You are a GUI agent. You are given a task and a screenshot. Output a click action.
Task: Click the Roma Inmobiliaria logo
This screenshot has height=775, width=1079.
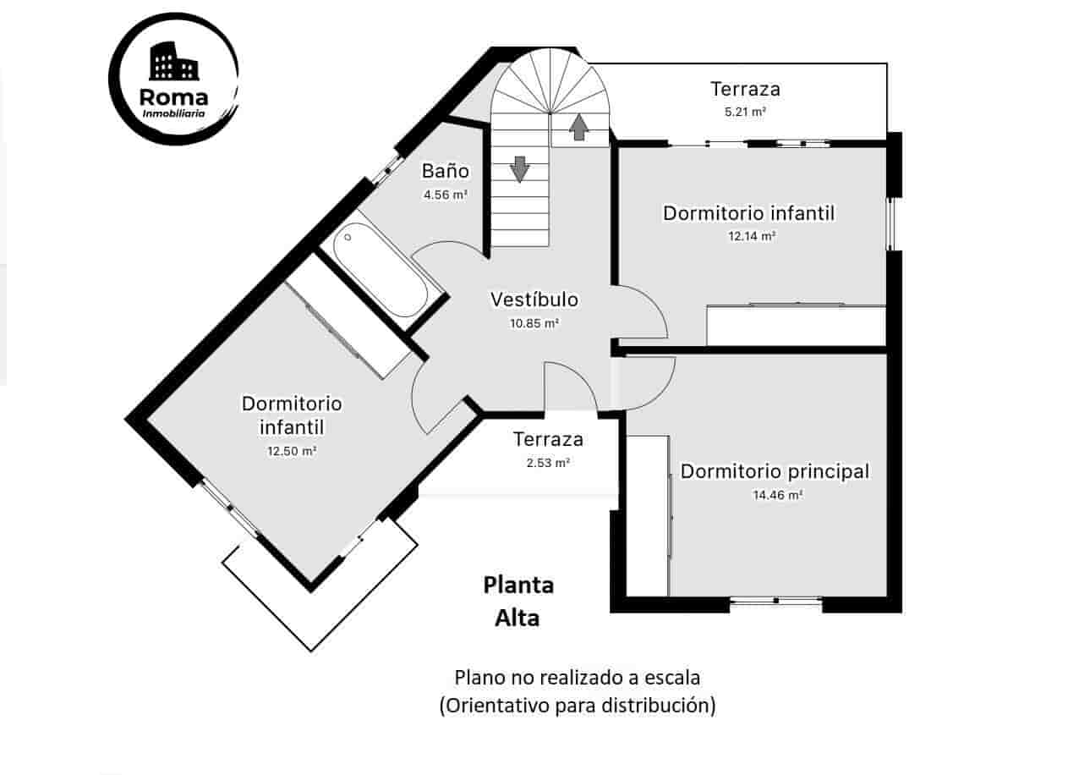point(173,79)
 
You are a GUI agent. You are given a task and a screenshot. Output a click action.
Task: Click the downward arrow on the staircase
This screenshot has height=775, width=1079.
point(520,168)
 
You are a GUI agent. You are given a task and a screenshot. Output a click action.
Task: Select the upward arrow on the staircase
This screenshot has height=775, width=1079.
point(579,127)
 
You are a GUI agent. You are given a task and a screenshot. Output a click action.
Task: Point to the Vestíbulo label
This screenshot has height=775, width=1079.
point(534,300)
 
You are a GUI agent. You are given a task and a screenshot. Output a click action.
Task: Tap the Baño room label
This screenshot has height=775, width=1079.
point(446,171)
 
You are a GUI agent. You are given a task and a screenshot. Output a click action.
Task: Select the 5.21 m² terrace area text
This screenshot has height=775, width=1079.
point(745,111)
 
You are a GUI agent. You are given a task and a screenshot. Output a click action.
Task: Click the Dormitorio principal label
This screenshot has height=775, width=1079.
point(775,471)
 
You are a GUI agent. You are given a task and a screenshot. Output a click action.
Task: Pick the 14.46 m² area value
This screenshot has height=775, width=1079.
point(777,496)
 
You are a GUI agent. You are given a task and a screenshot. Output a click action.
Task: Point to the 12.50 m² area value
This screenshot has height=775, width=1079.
point(292,452)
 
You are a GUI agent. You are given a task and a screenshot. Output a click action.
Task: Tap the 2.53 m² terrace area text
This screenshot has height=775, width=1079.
point(547,463)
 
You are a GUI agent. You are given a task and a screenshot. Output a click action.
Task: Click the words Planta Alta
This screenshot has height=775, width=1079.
point(518,602)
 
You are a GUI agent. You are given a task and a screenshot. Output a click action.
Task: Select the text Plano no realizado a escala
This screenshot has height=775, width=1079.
point(578,678)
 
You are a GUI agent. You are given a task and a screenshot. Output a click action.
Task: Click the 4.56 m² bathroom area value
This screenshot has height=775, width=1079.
point(446,195)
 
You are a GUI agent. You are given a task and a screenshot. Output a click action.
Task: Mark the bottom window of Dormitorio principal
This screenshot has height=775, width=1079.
point(775,601)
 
